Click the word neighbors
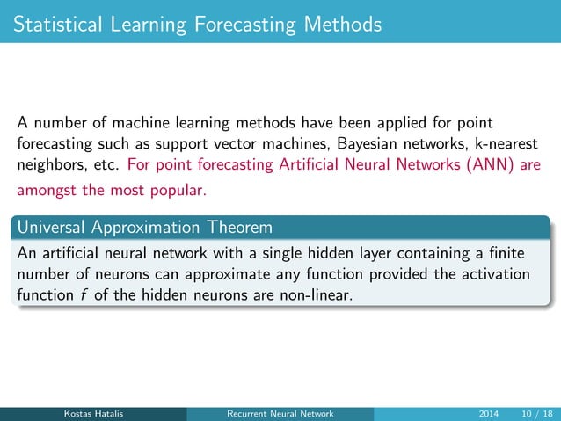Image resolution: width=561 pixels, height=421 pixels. [x=51, y=164]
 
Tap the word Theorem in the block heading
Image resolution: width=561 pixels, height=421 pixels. [x=239, y=227]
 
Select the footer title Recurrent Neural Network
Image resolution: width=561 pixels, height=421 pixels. [x=280, y=414]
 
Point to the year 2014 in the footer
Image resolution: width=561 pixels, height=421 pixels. [x=489, y=414]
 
